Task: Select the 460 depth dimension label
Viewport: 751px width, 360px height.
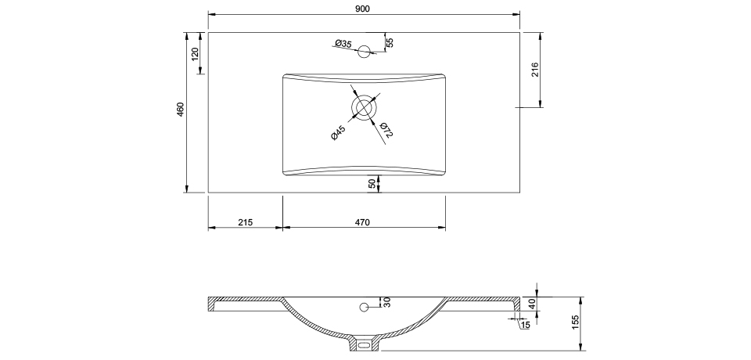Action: [x=180, y=109]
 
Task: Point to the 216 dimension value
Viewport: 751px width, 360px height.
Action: [x=535, y=70]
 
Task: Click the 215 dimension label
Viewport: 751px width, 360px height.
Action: [x=245, y=223]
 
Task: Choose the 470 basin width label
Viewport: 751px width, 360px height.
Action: [x=361, y=223]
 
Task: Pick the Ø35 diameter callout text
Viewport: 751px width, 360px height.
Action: [x=343, y=43]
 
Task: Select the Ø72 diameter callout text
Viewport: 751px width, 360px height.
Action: [x=386, y=130]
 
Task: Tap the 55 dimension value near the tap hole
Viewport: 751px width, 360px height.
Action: [x=389, y=43]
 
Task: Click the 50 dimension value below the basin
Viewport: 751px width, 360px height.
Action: [x=372, y=183]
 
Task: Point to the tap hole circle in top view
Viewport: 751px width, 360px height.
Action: [x=364, y=52]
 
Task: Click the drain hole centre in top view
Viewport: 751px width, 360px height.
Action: [x=364, y=106]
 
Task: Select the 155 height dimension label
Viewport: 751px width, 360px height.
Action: [x=575, y=322]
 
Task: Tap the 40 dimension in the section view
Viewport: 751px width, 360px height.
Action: [x=533, y=304]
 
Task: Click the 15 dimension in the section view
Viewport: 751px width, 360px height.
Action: [x=525, y=325]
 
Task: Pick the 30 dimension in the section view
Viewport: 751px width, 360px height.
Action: [x=386, y=302]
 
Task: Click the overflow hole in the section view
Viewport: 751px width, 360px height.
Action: [x=364, y=306]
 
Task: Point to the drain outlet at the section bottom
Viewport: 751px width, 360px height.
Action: [x=363, y=344]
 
